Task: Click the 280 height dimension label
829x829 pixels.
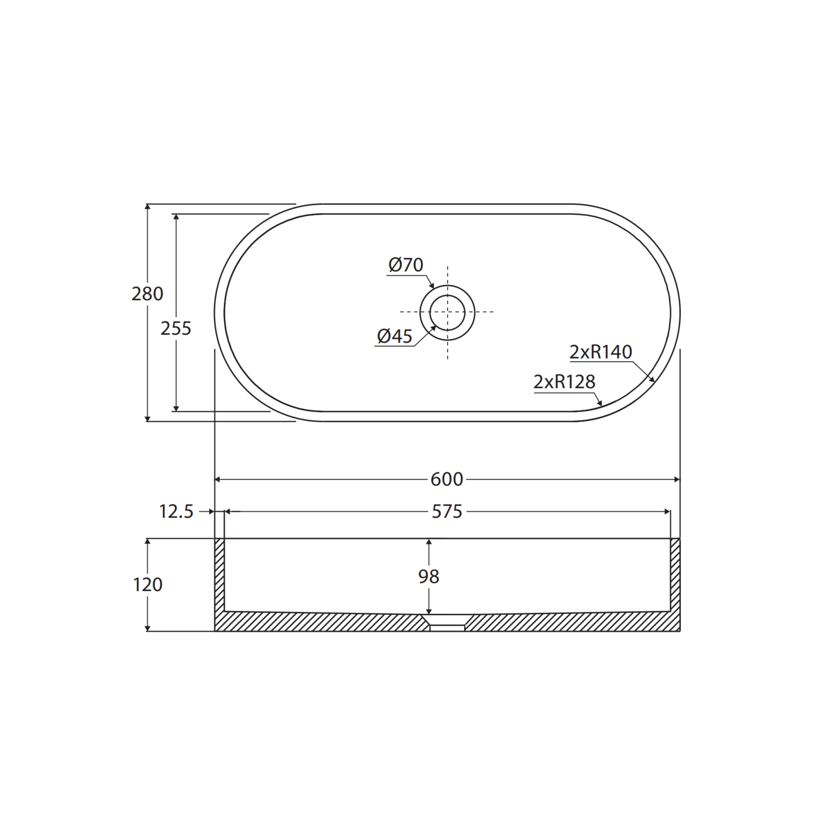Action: coord(147,294)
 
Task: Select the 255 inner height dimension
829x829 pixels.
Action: coord(176,329)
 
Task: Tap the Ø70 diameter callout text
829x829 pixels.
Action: coord(406,265)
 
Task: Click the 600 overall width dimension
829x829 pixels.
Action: coord(447,479)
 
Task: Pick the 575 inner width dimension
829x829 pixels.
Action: coord(447,511)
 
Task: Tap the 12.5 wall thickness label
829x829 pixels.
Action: coord(176,511)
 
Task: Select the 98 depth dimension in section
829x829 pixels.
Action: coord(429,577)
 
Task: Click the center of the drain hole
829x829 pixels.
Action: coord(447,312)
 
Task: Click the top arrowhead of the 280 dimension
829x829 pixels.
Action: coord(148,207)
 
